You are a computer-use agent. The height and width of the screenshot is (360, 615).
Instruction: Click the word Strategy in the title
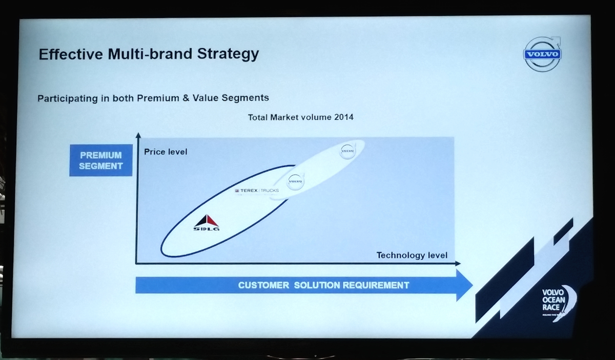pos(229,54)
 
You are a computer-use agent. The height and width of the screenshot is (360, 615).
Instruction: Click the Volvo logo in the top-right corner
pos(543,54)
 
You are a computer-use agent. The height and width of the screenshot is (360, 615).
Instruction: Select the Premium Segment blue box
pos(101,160)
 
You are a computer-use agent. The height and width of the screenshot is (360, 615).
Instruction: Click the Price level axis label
pos(166,152)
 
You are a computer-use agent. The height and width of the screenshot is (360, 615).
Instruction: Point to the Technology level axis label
pos(412,255)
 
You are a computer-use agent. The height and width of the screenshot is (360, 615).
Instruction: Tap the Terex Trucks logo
pos(257,190)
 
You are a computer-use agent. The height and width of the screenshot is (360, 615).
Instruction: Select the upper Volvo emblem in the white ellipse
pos(348,151)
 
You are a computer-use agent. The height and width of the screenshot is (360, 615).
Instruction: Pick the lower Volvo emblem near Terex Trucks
pos(295,181)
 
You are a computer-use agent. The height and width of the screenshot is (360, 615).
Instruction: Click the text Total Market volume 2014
pos(300,117)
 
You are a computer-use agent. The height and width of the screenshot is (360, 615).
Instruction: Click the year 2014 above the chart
pos(344,117)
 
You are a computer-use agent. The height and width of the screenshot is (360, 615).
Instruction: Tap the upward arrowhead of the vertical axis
pos(137,136)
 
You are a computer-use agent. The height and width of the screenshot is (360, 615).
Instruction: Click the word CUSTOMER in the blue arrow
pos(263,285)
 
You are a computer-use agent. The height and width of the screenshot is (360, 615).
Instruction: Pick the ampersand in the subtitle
pos(186,98)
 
